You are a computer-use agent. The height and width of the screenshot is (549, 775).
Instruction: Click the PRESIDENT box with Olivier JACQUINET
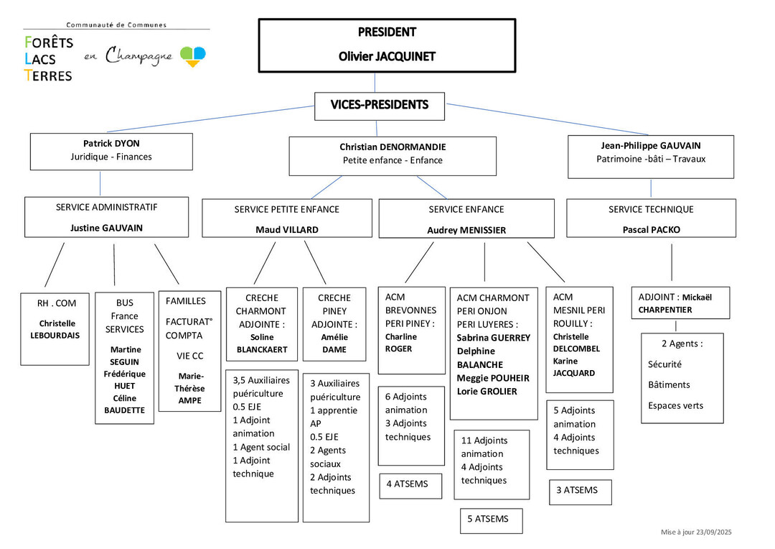tap(387, 45)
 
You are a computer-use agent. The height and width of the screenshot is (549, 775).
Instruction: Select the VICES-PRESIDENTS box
tap(380, 106)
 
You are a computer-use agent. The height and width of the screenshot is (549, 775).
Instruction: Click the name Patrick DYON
tap(111, 143)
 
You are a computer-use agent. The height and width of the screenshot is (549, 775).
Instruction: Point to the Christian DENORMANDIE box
tap(393, 155)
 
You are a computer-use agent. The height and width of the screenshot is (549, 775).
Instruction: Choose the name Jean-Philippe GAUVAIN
tap(651, 145)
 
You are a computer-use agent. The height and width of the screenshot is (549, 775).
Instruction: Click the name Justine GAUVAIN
tap(106, 228)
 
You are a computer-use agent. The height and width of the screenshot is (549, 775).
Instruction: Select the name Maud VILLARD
tap(287, 230)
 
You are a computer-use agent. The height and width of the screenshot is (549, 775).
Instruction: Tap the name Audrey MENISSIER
tap(466, 231)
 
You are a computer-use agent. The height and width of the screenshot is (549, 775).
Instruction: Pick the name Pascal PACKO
tap(651, 230)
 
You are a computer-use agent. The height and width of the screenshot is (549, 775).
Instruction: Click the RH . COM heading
tap(57, 303)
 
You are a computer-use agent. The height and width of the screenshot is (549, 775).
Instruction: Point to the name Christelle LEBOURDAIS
tap(57, 329)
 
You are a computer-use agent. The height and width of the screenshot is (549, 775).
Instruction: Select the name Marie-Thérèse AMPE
tap(189, 388)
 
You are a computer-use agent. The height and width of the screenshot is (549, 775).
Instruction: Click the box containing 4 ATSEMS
tap(411, 484)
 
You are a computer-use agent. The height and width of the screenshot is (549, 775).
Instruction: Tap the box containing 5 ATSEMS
tap(491, 520)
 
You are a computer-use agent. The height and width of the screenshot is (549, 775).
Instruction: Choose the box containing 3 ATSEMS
tap(580, 491)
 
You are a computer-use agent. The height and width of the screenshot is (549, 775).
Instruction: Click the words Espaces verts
tap(675, 405)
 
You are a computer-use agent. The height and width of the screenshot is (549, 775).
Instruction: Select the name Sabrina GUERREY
tap(493, 338)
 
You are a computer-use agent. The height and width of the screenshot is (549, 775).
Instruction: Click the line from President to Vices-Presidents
tap(387, 82)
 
